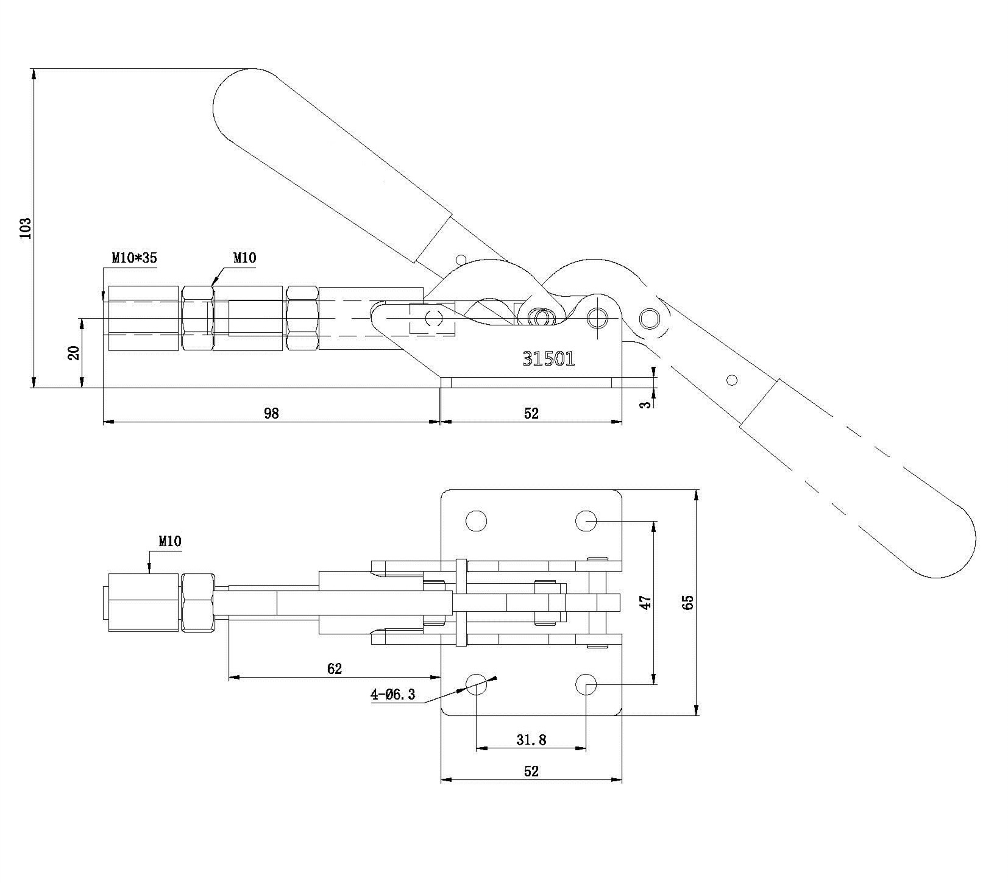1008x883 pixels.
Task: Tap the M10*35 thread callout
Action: pos(134,258)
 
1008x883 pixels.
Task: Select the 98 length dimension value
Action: pos(271,413)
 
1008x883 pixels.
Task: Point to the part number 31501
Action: pos(548,359)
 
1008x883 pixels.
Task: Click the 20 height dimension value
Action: pos(74,353)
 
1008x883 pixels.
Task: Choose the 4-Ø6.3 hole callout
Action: pos(393,694)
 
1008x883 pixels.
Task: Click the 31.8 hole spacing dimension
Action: pos(531,740)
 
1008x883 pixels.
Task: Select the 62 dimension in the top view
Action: pos(335,668)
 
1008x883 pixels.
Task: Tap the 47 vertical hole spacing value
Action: pos(647,602)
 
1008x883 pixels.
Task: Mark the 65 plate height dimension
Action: pos(688,602)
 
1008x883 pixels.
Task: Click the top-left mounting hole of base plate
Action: pos(476,520)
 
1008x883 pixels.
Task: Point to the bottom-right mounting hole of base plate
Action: pos(586,684)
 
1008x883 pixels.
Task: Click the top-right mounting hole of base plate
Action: pos(586,520)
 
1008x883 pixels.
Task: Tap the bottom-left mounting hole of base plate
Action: pos(476,684)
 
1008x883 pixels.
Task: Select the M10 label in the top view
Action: pos(170,541)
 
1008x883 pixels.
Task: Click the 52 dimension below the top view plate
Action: pos(531,771)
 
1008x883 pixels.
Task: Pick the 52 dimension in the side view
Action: pos(531,413)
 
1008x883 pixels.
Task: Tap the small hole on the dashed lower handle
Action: pos(733,380)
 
